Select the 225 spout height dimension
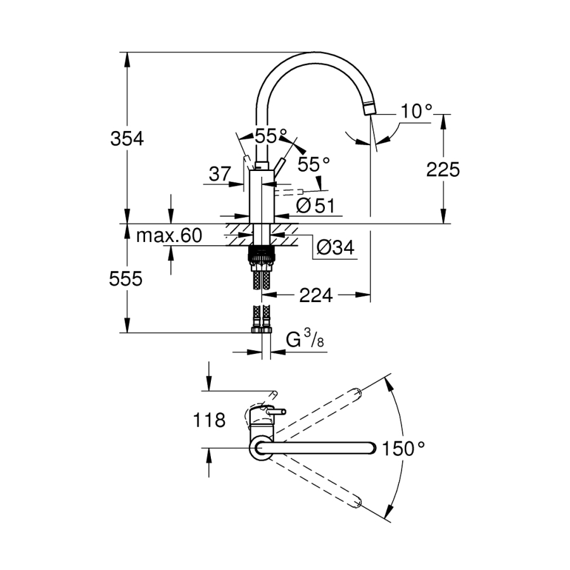point(443,169)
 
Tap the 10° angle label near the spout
point(416,112)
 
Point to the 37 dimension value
point(219,174)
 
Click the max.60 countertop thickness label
point(169,236)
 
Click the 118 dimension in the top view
point(210,420)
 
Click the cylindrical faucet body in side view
point(262,196)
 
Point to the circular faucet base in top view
point(262,448)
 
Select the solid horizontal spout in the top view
point(323,448)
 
